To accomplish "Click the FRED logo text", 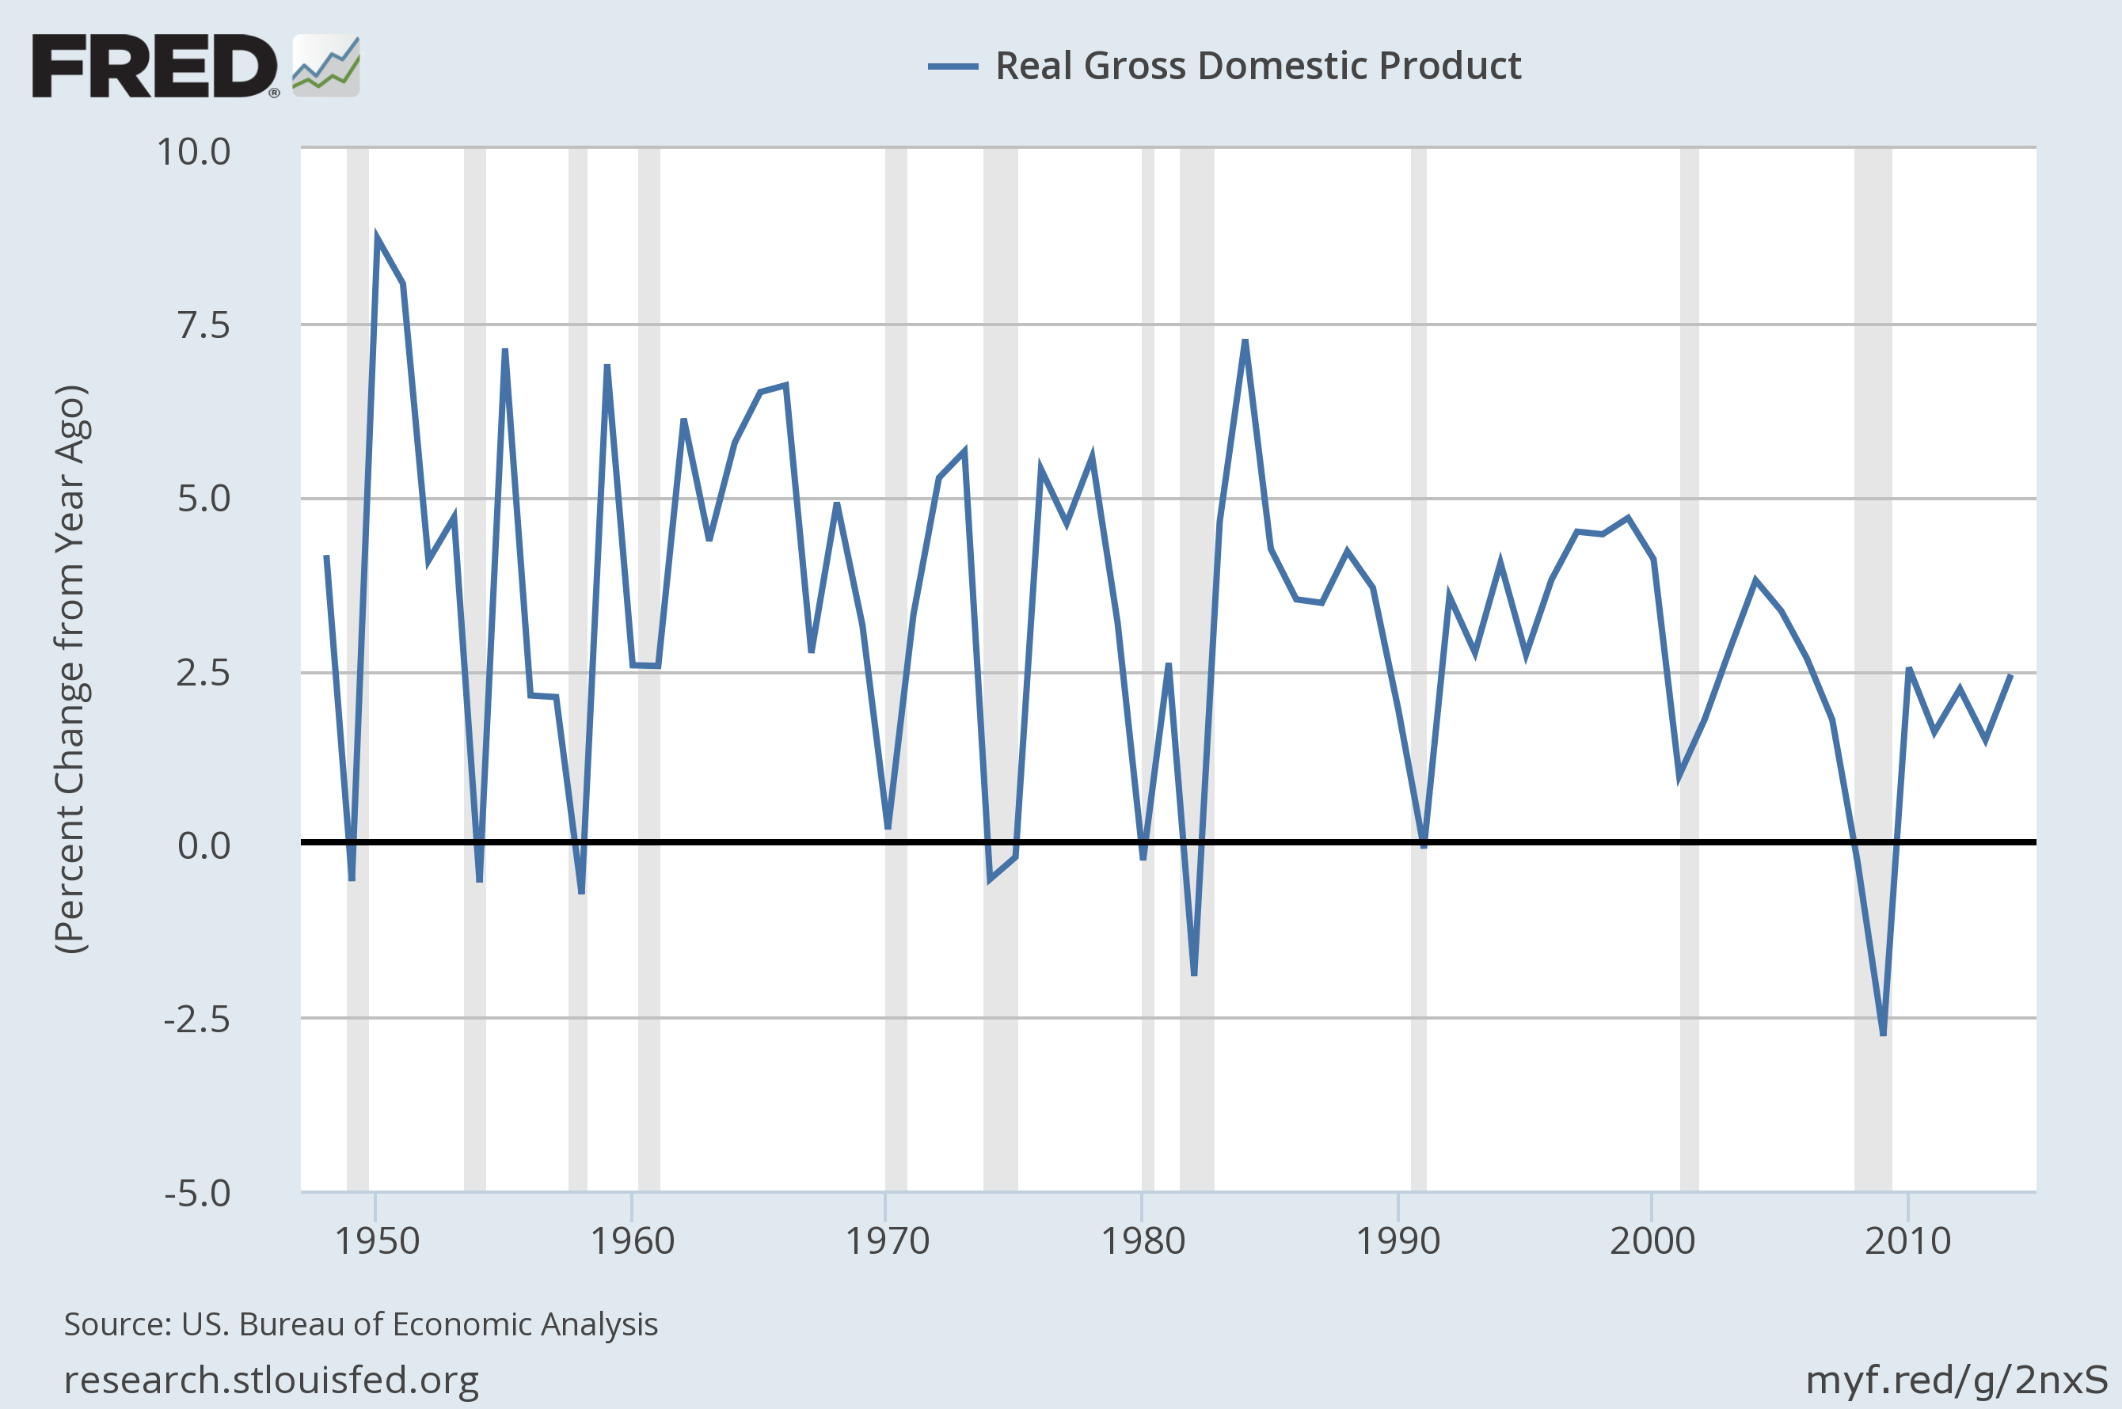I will coord(154,66).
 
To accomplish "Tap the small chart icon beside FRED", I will coord(326,66).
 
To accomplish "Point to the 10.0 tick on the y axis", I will coord(193,151).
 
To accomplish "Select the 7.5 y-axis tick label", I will coord(204,325).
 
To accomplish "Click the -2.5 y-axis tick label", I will coord(197,1020).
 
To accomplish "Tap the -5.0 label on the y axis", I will coord(197,1194).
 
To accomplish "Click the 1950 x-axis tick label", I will coord(377,1242).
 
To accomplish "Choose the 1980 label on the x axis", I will coord(1143,1242).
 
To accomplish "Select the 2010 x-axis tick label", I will coord(1907,1242).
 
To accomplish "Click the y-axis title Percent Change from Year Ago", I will coord(70,670).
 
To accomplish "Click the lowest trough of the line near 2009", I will coord(1883,1033).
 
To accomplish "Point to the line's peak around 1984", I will coord(1245,341).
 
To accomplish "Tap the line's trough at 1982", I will coord(1193,973).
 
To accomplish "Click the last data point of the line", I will coord(2010,676).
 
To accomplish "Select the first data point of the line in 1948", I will coord(326,557).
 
